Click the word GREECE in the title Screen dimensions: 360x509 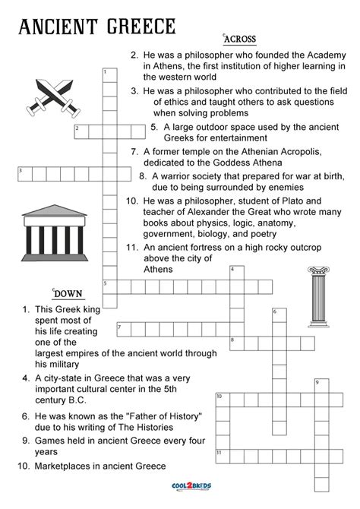coord(136,27)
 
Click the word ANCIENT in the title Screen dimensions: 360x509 coord(51,27)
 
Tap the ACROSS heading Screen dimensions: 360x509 coord(239,39)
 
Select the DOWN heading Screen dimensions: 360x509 coord(68,294)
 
